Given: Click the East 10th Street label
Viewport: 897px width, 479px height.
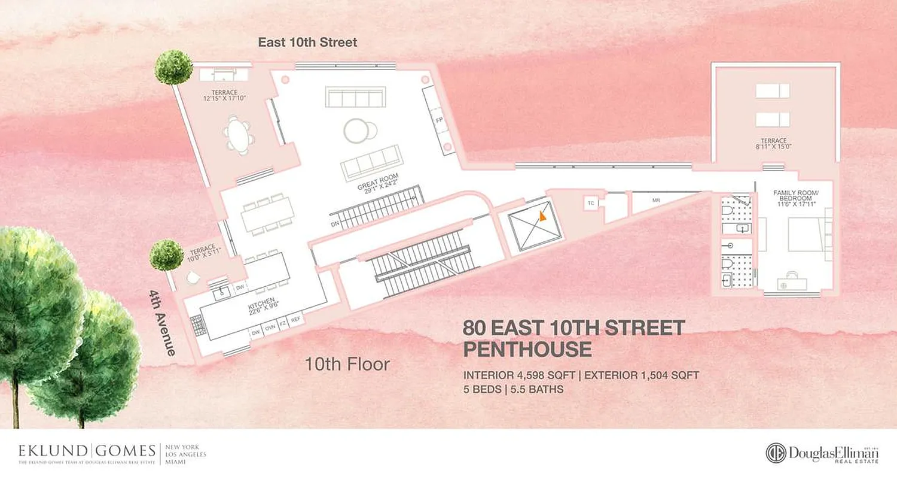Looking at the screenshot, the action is pos(307,43).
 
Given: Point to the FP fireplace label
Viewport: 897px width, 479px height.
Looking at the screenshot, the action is pos(440,120).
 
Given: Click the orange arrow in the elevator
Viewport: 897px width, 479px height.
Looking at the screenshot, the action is pos(542,216).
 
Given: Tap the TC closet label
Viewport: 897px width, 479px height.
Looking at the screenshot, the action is pos(590,204).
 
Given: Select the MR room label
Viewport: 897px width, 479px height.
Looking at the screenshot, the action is pos(656,200).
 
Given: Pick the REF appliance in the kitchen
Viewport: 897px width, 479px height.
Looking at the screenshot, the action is pos(295,320).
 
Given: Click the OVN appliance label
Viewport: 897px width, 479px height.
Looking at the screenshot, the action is pos(270,328).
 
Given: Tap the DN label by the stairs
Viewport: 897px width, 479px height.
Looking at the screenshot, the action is pos(335,224).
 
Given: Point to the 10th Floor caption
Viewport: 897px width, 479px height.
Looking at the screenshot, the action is pos(347,363).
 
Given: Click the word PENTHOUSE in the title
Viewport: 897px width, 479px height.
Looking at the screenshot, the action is pos(527,348).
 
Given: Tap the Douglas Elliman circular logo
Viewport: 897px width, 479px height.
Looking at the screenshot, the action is pos(776,453).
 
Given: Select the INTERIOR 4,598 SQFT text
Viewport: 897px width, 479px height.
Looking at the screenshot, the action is pos(519,375).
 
